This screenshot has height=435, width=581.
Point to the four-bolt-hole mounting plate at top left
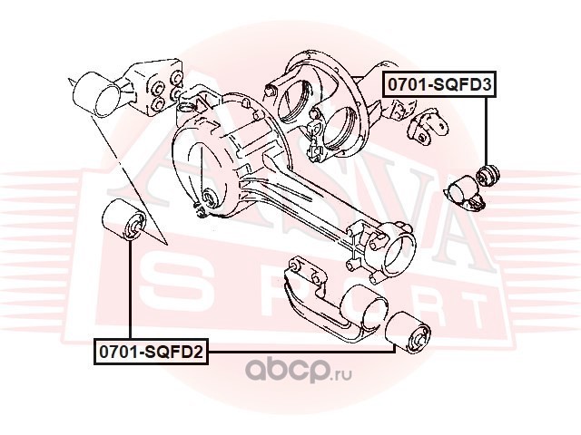[x=160, y=87]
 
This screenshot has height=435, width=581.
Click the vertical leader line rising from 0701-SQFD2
[x=130, y=290]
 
